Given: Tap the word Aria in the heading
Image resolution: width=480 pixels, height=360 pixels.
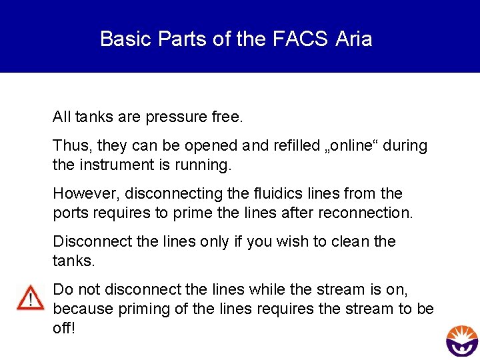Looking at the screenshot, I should [x=354, y=39].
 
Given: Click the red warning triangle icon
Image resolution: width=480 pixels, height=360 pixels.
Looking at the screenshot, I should [x=30, y=297].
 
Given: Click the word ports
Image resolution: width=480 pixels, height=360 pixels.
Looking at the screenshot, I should [x=69, y=213].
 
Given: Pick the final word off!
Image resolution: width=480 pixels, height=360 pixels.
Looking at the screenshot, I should [x=64, y=328].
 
